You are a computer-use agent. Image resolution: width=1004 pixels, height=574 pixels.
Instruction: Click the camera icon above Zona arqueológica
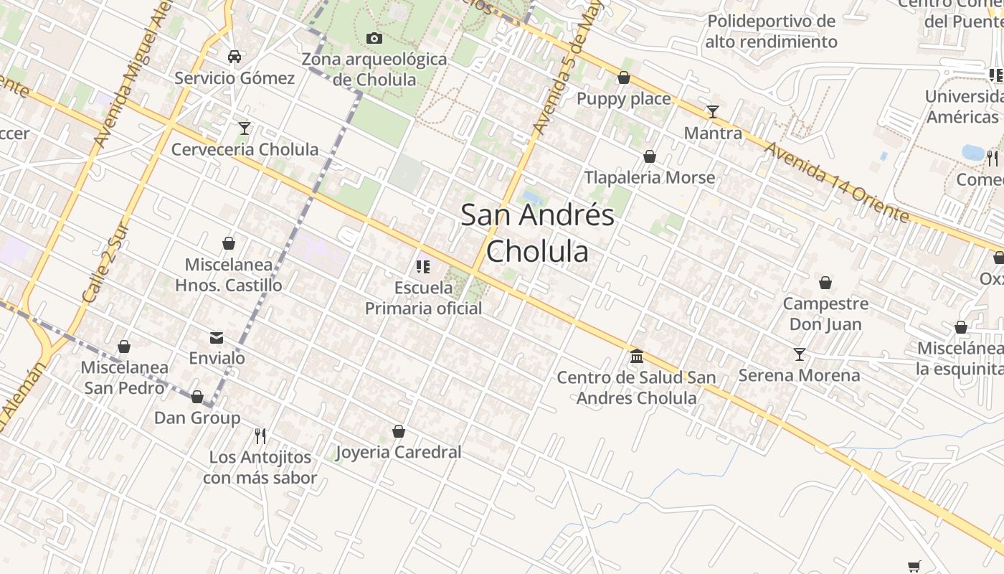click(x=374, y=38)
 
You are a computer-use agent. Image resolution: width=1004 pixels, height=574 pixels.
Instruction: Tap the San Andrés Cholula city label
click(x=538, y=232)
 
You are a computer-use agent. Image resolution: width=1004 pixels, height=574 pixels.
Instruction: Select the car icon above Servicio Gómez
click(x=235, y=57)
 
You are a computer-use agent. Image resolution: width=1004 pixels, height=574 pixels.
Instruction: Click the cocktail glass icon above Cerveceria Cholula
click(x=245, y=128)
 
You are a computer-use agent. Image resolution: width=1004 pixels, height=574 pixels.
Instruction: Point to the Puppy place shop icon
click(x=624, y=77)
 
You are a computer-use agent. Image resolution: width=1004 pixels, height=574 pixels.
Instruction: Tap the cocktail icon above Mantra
click(x=712, y=111)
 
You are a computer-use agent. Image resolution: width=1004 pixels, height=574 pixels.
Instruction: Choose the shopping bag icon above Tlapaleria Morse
click(x=650, y=156)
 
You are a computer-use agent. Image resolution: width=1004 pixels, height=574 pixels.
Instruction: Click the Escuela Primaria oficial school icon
click(x=423, y=267)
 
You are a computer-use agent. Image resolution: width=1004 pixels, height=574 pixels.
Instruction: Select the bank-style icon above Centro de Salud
click(x=636, y=356)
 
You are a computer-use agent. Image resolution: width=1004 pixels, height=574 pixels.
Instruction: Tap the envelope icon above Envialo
click(x=217, y=337)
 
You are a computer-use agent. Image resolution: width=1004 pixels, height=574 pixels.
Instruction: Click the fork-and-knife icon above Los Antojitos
click(x=260, y=436)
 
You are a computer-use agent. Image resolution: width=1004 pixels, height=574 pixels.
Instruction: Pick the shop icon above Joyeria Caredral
click(x=399, y=431)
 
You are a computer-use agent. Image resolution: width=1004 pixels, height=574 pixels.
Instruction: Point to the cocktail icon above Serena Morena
click(x=800, y=354)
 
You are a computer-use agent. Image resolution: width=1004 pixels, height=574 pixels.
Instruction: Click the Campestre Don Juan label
click(x=825, y=314)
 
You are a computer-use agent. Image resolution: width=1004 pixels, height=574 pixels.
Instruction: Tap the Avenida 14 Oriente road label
click(x=836, y=182)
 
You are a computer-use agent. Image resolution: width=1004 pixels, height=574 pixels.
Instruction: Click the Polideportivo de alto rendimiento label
click(x=771, y=32)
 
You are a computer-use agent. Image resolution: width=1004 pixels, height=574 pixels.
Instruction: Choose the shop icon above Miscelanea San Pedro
click(x=124, y=347)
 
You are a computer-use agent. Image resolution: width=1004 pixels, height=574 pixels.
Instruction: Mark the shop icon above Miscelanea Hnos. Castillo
click(x=229, y=243)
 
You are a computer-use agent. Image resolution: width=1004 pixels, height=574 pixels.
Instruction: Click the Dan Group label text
click(x=197, y=418)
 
